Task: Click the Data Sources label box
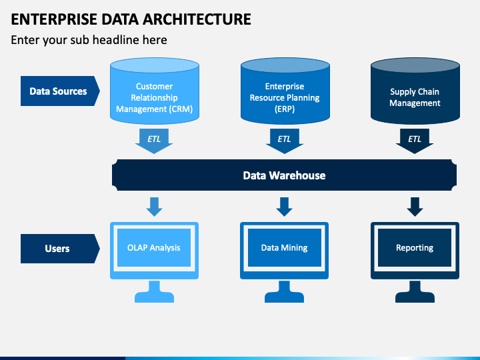(60, 91)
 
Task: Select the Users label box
(60, 249)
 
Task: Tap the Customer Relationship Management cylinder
(155, 91)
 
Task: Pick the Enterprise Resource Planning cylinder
(285, 91)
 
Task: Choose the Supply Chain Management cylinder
(415, 91)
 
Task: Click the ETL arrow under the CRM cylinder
(154, 141)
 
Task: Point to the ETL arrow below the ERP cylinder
(285, 141)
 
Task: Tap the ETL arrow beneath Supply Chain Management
(415, 141)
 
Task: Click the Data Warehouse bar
(285, 175)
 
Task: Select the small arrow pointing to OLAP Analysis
(154, 207)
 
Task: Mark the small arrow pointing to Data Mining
(285, 207)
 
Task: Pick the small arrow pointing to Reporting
(415, 207)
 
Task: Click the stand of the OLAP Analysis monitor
(154, 292)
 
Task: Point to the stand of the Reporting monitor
(415, 292)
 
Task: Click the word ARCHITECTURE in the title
(197, 19)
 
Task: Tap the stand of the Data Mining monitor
(285, 292)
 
